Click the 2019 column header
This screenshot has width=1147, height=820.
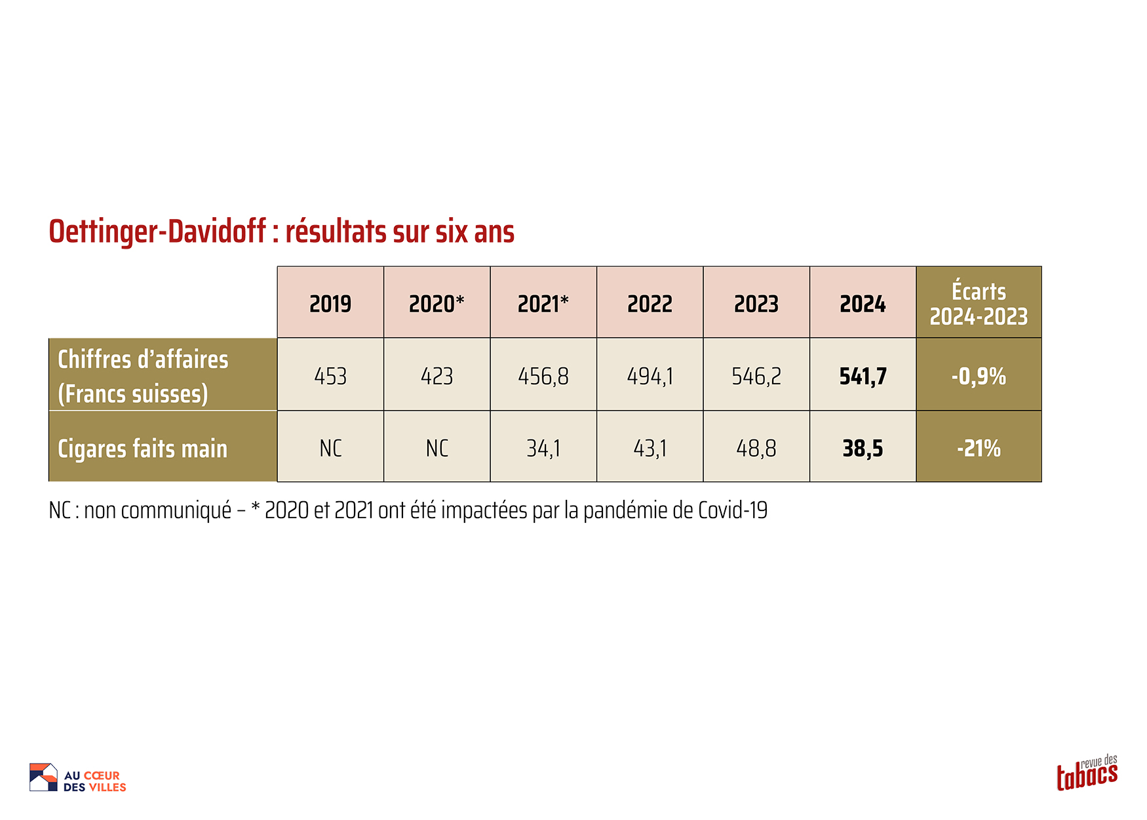point(330,304)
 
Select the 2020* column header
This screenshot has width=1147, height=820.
point(437,304)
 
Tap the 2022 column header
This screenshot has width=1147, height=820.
point(650,304)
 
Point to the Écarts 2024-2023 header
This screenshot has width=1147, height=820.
point(979,304)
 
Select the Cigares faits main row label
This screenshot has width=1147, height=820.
point(143,449)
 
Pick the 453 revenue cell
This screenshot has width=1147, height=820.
point(330,376)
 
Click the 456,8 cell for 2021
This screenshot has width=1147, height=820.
point(543,376)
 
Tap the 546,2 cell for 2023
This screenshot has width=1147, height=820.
point(756,376)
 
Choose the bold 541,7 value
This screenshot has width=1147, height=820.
point(863,376)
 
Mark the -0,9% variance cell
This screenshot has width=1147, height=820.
point(979,376)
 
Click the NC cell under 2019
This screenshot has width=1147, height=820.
point(330,449)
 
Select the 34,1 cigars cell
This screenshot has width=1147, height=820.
point(543,449)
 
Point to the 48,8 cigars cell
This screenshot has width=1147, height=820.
point(756,449)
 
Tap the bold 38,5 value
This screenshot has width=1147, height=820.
point(863,449)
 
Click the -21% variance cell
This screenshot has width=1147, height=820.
point(979,449)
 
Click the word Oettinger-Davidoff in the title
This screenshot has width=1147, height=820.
point(157,232)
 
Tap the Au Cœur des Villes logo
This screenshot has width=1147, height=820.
point(78,778)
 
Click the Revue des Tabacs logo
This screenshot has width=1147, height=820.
point(1087,773)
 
